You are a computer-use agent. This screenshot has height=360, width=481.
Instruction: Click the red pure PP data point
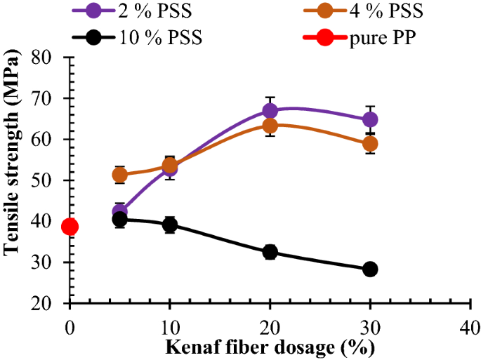pos(70,227)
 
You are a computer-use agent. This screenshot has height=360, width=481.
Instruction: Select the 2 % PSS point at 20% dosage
pos(270,111)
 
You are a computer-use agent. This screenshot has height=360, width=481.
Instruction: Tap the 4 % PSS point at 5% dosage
pos(120,175)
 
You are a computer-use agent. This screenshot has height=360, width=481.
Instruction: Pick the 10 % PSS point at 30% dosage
pos(370,269)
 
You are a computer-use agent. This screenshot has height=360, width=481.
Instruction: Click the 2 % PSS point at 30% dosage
pos(370,119)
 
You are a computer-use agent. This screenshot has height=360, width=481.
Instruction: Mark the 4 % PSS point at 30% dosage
pos(370,144)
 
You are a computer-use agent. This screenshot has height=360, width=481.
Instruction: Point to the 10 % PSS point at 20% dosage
pos(270,252)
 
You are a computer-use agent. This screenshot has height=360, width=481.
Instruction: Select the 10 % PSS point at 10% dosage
pos(170,225)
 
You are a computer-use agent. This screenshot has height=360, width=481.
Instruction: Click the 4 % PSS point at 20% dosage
pos(270,126)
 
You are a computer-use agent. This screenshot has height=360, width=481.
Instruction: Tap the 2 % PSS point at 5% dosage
pos(120,211)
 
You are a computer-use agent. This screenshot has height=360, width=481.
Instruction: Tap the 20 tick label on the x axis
pos(270,326)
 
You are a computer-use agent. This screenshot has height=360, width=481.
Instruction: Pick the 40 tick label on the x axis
pos(470,326)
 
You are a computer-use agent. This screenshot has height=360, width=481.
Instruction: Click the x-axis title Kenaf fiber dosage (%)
pos(270,347)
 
